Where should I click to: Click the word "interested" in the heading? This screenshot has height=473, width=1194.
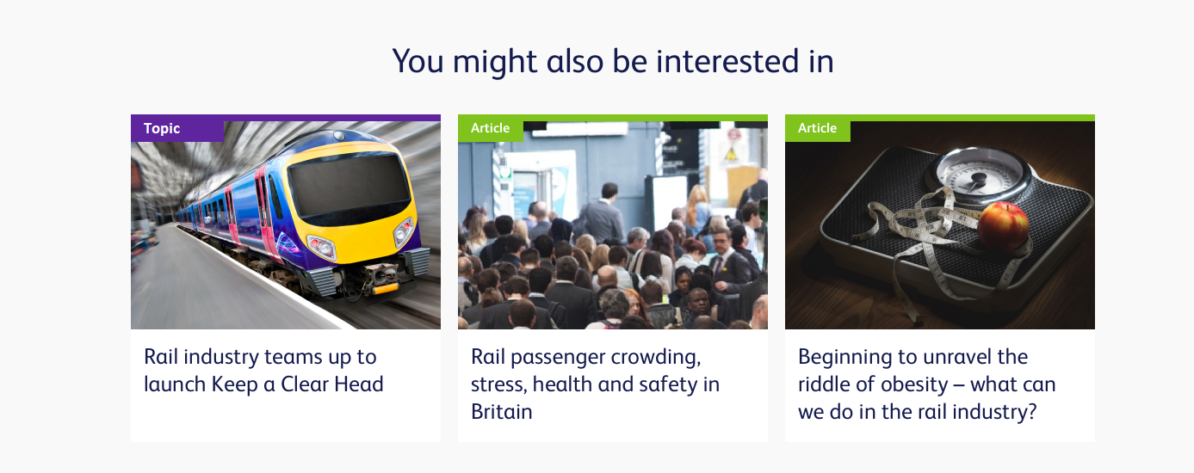click(x=727, y=61)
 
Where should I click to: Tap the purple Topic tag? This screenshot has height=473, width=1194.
click(x=177, y=128)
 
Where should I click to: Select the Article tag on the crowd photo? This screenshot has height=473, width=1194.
click(x=491, y=128)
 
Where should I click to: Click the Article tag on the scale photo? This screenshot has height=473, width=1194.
click(x=818, y=128)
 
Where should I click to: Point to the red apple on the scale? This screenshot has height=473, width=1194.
click(x=1003, y=226)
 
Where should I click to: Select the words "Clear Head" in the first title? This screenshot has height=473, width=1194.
click(x=332, y=384)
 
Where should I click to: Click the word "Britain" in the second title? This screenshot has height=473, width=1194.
click(x=502, y=412)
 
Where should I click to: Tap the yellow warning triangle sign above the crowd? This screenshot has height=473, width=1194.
click(x=731, y=155)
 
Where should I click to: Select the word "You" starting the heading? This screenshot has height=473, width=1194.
click(x=418, y=61)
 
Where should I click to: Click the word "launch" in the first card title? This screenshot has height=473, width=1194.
click(x=175, y=384)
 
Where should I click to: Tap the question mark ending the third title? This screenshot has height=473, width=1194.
click(x=1031, y=412)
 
